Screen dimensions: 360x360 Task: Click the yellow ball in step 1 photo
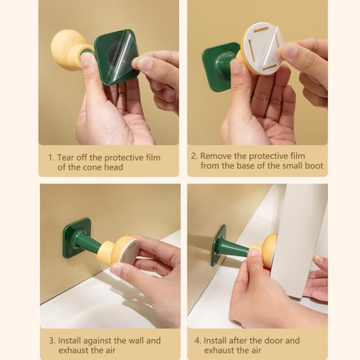pos(65,46)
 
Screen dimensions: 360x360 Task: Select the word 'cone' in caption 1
pos(92,167)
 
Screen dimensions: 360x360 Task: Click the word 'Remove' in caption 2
pos(216,156)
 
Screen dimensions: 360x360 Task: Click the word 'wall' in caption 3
pos(136,340)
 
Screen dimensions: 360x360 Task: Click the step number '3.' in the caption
pos(52,340)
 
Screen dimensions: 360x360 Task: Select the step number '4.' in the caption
pos(198,340)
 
